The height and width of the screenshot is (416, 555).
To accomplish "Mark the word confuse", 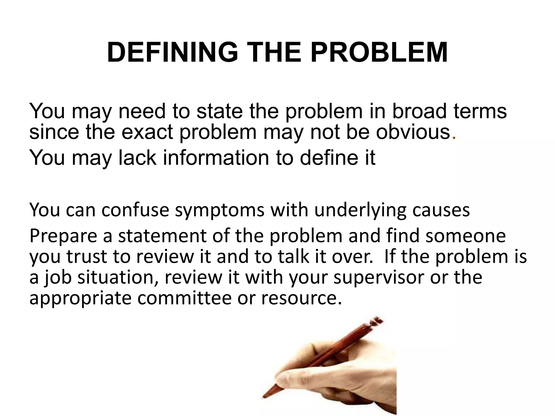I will (135, 210).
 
